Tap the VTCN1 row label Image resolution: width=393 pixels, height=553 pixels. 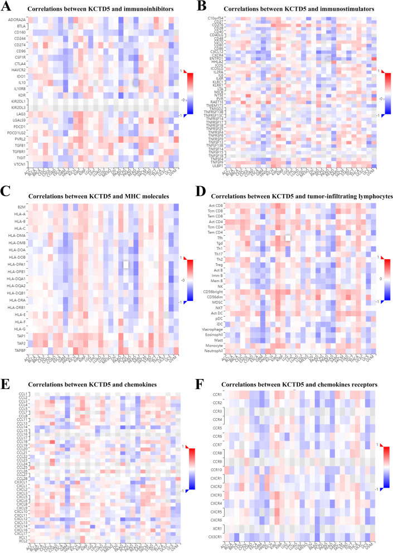(x=20, y=164)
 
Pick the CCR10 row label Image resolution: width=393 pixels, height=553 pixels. (x=224, y=470)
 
